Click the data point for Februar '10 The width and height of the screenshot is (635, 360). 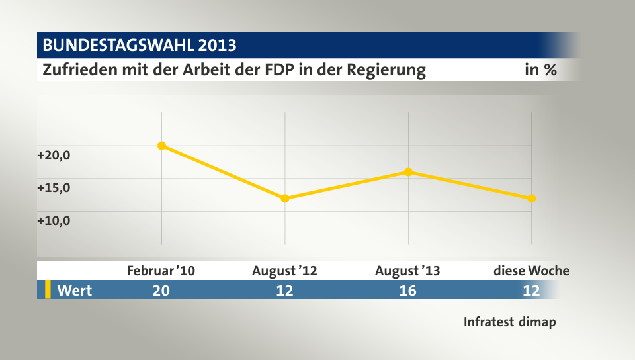[x=161, y=146]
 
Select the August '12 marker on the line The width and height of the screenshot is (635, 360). [x=285, y=199]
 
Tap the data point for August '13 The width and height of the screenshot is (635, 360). [x=408, y=172]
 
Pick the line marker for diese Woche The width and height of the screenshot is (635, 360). [x=532, y=199]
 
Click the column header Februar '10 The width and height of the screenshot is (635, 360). [x=161, y=271]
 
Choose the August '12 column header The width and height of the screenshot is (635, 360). [x=285, y=271]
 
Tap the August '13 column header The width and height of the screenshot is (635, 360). [x=407, y=271]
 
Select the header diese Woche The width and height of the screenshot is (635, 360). [x=531, y=271]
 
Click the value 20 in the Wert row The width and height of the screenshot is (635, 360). [x=161, y=290]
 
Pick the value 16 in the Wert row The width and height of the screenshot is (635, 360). [x=408, y=290]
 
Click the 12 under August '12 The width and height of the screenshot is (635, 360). [x=285, y=290]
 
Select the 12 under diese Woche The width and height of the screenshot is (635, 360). [x=531, y=290]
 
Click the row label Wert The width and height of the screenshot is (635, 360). [x=75, y=290]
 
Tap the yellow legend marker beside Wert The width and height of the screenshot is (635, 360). [x=48, y=290]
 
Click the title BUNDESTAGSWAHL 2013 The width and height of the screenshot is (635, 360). [x=140, y=46]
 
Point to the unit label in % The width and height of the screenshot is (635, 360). [x=540, y=70]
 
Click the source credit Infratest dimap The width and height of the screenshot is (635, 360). [x=509, y=322]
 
